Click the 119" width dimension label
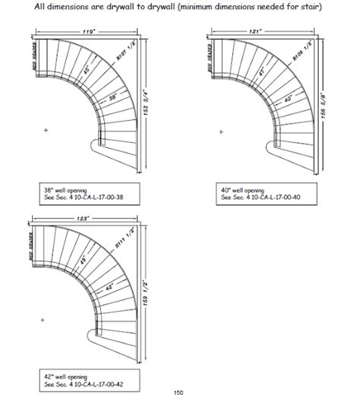pyautogui.click(x=90, y=33)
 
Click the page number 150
pyautogui.click(x=178, y=392)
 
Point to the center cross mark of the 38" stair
pyautogui.click(x=47, y=131)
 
